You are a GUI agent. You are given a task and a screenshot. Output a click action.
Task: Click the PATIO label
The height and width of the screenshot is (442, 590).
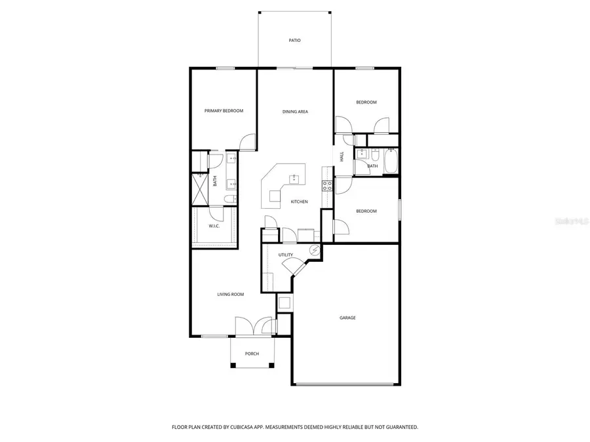coord(295,41)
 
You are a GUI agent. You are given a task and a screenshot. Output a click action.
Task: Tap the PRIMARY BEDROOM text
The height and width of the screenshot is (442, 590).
coord(224,111)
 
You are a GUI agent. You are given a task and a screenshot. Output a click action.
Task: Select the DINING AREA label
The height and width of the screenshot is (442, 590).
coord(295,112)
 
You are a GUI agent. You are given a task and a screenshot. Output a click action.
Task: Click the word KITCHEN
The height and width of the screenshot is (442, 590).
coord(300,202)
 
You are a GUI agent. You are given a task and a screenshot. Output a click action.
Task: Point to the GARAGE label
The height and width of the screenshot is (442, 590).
coord(347,318)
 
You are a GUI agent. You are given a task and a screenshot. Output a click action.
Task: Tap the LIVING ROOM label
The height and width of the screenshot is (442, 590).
coord(231,295)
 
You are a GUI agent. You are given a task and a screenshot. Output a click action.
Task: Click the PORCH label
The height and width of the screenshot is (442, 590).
coord(252,354)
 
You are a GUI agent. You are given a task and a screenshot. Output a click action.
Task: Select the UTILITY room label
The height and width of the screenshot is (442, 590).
coord(285,255)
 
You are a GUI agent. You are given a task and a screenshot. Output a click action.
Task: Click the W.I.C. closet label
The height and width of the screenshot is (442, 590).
coord(214,226)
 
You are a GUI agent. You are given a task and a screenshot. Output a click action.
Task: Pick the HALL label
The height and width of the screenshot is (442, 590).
coord(342,157)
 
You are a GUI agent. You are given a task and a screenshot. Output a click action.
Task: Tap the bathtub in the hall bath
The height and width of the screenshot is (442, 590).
coord(391,162)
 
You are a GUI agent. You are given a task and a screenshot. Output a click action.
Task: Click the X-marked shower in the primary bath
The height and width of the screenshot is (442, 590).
coord(199,190)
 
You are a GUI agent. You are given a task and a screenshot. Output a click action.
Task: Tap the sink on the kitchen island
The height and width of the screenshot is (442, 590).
coord(294,177)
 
